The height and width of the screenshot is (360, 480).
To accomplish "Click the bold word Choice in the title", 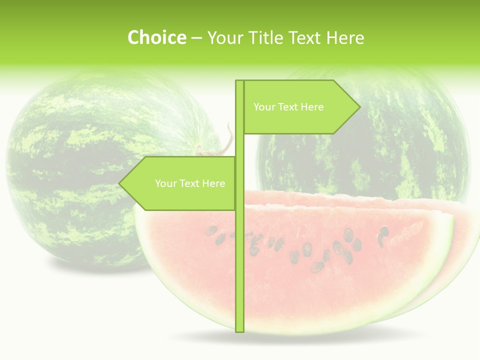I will (156, 37).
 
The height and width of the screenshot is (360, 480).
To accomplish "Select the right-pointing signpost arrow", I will (300, 107).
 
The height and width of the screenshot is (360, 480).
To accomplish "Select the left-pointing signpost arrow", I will (180, 183).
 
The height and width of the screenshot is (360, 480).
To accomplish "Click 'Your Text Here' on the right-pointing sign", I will (288, 107).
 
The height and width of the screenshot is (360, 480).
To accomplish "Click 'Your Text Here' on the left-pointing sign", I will (190, 183).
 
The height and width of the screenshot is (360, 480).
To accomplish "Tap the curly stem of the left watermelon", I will (227, 137).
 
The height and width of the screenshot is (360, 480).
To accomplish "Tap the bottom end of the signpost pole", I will (239, 330).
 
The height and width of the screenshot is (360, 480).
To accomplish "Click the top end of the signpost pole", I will (239, 82).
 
